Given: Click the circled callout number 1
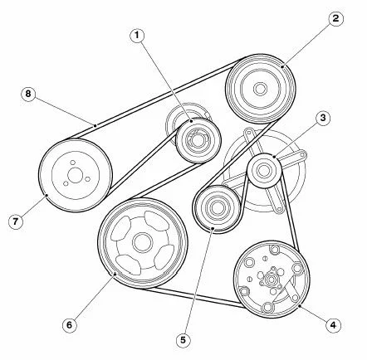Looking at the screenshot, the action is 137,36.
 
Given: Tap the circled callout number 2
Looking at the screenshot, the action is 335,19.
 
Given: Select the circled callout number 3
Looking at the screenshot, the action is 323,118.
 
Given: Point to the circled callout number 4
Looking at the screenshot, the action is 333,325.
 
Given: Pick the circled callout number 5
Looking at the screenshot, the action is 183,340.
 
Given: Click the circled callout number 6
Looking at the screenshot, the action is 69,324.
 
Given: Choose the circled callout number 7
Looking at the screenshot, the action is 15,221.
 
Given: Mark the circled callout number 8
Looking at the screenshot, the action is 28,94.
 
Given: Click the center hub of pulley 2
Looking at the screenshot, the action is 260,89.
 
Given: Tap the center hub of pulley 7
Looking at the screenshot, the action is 75,176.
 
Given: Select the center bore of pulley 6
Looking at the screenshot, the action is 143,242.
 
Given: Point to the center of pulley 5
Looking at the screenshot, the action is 217,208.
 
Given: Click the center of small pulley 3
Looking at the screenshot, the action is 263,170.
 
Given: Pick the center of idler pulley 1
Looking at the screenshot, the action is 198,140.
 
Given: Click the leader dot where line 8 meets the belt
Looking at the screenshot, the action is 95,125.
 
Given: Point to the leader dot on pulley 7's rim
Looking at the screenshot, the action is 46,195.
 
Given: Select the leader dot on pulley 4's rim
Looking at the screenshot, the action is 300,306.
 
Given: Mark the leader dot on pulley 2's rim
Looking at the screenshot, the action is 282,66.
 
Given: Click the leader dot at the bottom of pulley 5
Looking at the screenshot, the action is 213,228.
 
